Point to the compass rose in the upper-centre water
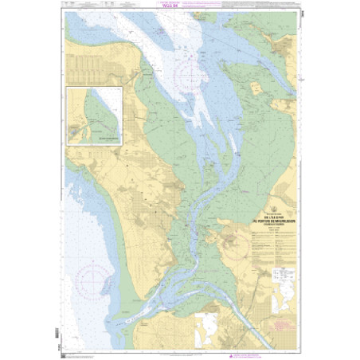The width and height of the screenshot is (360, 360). [x=190, y=76]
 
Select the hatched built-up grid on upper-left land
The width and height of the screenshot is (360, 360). [x=96, y=64]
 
